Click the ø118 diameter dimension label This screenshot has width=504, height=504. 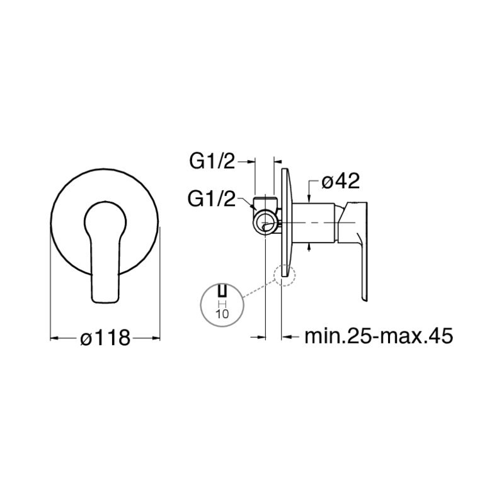pyautogui.click(x=105, y=338)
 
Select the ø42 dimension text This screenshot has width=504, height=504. pyautogui.click(x=340, y=181)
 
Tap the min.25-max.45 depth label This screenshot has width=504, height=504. pyautogui.click(x=379, y=336)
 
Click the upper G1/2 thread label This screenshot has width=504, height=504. pyautogui.click(x=212, y=162)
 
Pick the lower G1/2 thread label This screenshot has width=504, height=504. pyautogui.click(x=212, y=199)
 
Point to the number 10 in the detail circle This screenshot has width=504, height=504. pyautogui.click(x=222, y=313)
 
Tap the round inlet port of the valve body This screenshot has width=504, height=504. pyautogui.click(x=265, y=222)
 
